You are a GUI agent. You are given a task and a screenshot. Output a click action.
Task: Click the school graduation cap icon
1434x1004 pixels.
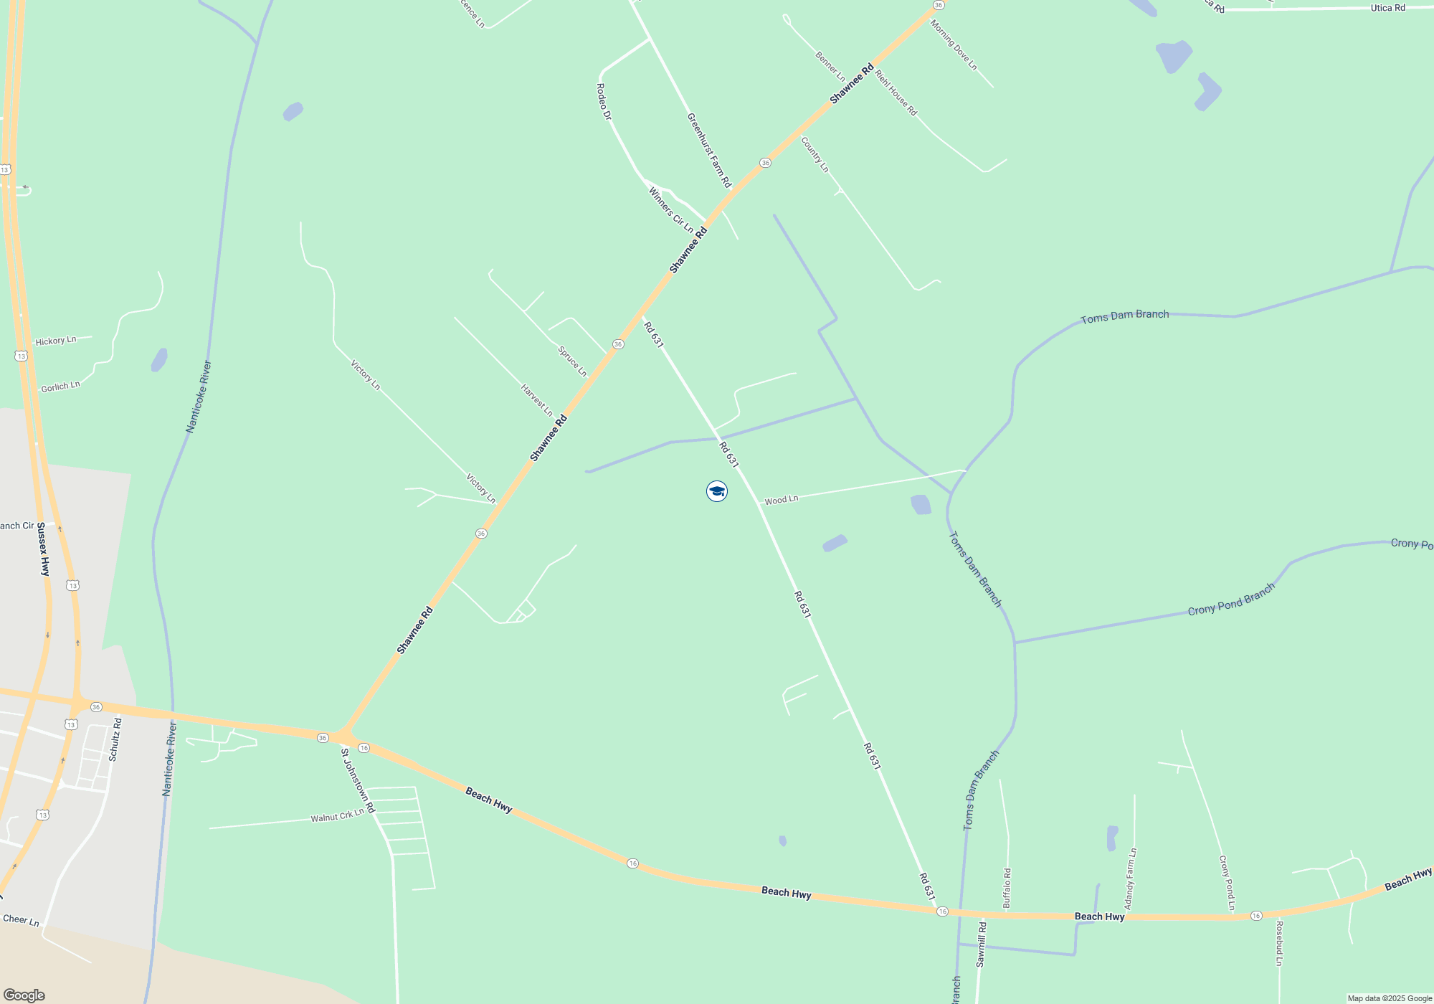pyautogui.click(x=717, y=491)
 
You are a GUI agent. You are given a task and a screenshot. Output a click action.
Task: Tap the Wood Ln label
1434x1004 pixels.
pyautogui.click(x=781, y=500)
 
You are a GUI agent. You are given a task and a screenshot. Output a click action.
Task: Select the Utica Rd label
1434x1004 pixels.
pyautogui.click(x=1387, y=8)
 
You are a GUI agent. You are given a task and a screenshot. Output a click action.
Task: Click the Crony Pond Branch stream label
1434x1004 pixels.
pyautogui.click(x=1231, y=600)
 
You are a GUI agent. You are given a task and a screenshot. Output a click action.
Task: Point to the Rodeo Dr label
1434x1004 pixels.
pyautogui.click(x=604, y=101)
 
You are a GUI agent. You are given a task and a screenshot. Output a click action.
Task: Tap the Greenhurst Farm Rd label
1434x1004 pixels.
pyautogui.click(x=708, y=151)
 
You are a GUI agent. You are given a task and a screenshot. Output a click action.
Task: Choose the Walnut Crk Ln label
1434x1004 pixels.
pyautogui.click(x=337, y=816)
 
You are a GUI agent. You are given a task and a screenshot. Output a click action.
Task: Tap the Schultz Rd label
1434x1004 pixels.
pyautogui.click(x=115, y=739)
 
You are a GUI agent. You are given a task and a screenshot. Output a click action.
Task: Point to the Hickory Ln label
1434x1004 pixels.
pyautogui.click(x=55, y=341)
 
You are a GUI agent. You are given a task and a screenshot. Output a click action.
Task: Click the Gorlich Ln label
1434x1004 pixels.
pyautogui.click(x=60, y=387)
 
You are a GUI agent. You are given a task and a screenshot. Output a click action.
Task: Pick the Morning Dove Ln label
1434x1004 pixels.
pyautogui.click(x=954, y=44)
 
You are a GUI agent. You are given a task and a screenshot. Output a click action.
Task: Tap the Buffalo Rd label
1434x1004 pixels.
pyautogui.click(x=1007, y=889)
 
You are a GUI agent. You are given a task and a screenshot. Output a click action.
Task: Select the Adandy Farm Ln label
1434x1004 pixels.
pyautogui.click(x=1130, y=879)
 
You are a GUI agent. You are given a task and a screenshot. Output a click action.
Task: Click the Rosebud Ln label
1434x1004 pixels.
pyautogui.click(x=1279, y=943)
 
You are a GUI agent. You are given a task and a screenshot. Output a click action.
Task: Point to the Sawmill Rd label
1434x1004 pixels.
pyautogui.click(x=981, y=944)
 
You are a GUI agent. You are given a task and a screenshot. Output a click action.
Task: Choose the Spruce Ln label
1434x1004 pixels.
pyautogui.click(x=572, y=361)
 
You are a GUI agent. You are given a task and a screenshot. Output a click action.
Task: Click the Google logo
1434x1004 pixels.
pyautogui.click(x=24, y=995)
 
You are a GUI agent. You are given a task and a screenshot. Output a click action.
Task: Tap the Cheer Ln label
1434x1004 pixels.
pyautogui.click(x=21, y=920)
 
